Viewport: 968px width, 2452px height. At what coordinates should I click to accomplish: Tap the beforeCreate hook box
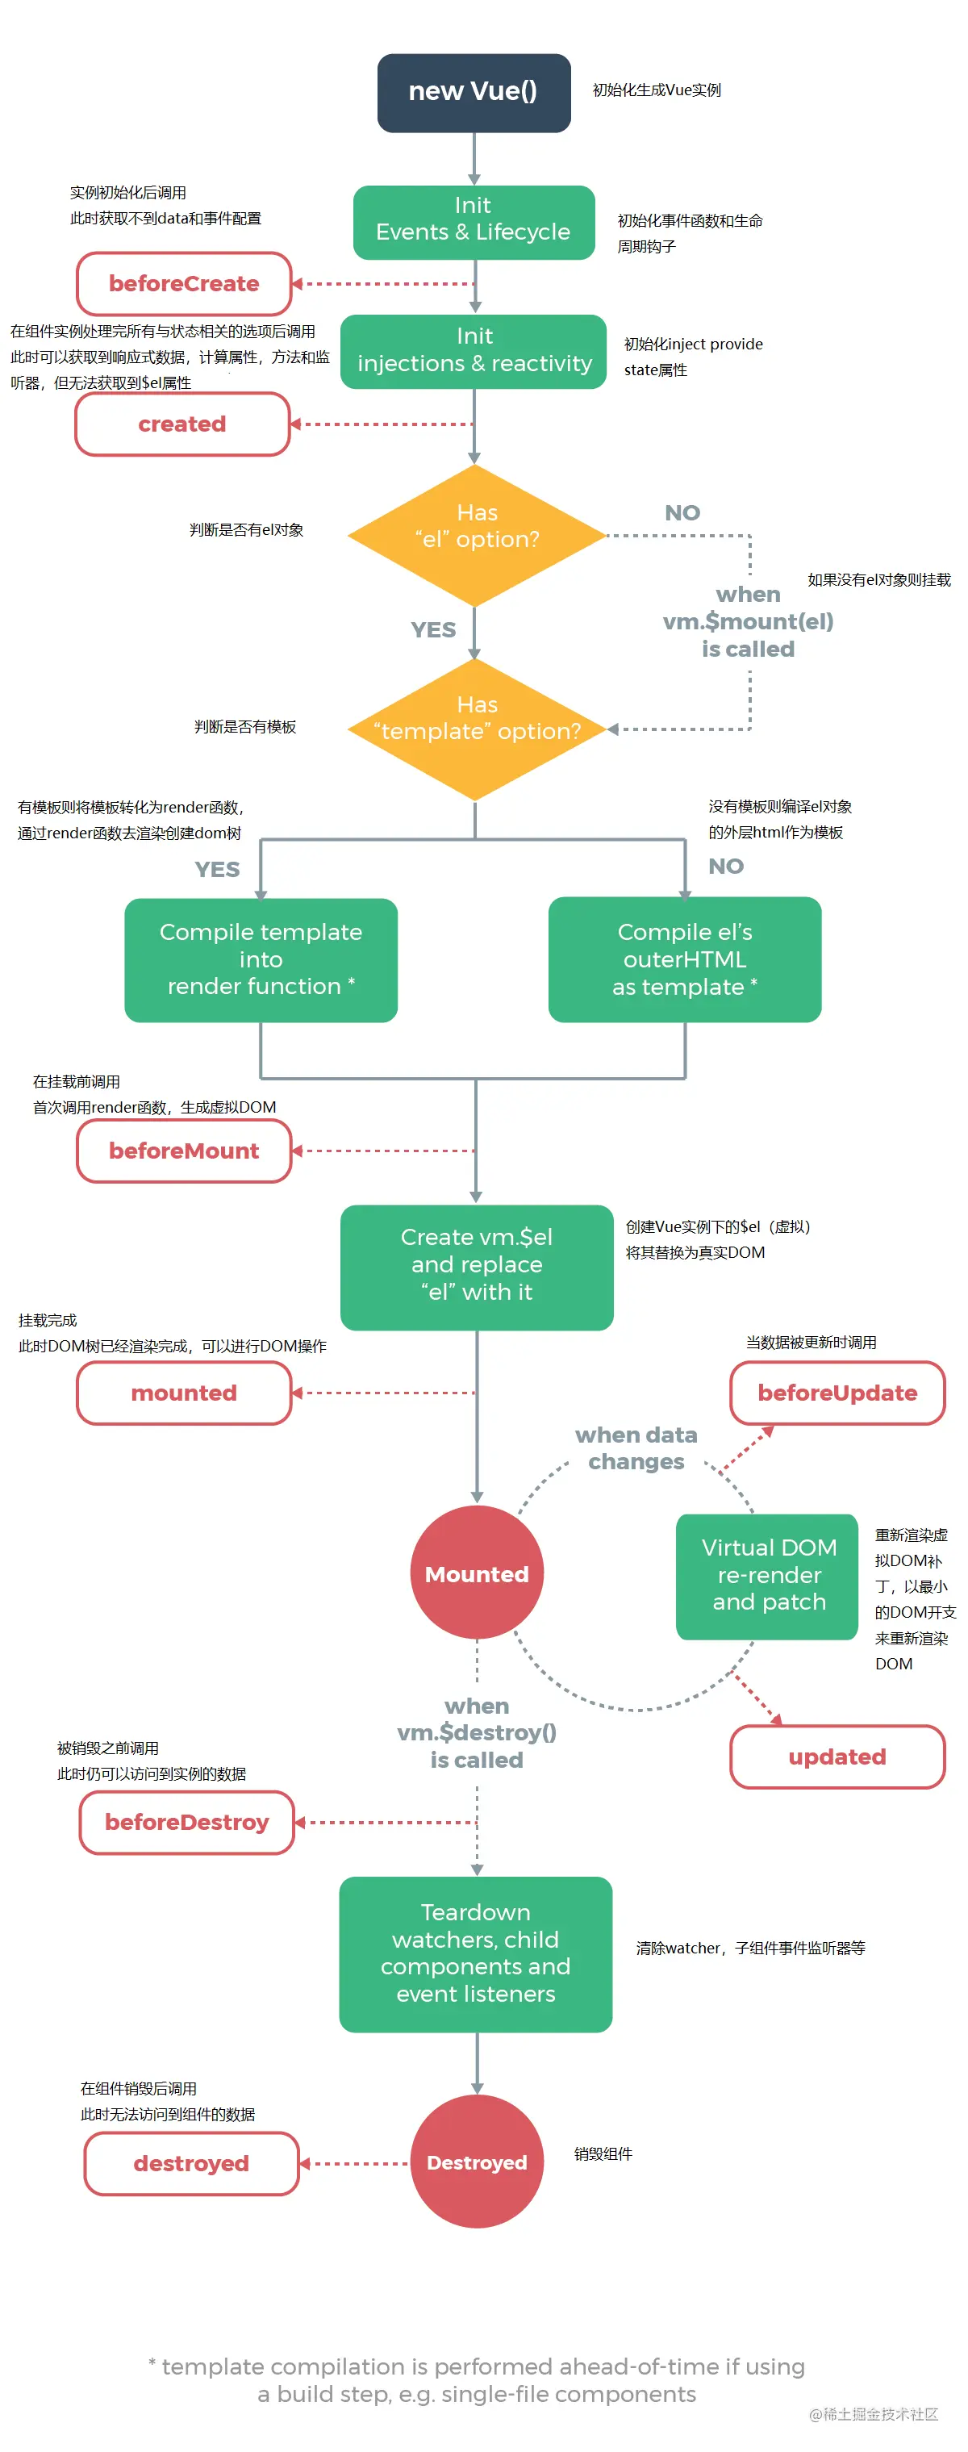click(184, 284)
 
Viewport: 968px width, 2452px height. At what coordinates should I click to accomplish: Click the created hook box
click(181, 424)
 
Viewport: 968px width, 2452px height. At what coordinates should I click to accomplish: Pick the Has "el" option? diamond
click(476, 534)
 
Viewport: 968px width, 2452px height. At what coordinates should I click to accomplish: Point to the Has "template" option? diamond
click(476, 728)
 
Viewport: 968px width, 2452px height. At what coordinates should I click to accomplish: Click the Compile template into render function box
click(261, 959)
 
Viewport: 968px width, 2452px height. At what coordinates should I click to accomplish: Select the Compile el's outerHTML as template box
click(684, 959)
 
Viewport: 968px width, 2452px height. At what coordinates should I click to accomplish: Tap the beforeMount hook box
click(184, 1150)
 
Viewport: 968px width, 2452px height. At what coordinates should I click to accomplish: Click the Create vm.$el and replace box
click(476, 1265)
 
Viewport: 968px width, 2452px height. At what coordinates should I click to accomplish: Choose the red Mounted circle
click(476, 1573)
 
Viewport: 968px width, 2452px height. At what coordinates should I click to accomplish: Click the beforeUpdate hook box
click(837, 1392)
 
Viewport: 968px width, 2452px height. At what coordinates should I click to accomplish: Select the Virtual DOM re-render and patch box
click(767, 1575)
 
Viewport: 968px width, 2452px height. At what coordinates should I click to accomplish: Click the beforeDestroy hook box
click(186, 1821)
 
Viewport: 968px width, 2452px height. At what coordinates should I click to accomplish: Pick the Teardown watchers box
click(475, 1953)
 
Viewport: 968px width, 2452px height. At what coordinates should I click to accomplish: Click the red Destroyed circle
click(476, 2162)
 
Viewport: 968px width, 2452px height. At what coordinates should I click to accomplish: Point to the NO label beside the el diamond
click(682, 513)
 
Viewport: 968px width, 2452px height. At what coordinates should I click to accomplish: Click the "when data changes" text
click(636, 1447)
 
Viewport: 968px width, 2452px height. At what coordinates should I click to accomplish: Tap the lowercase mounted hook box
click(184, 1392)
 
